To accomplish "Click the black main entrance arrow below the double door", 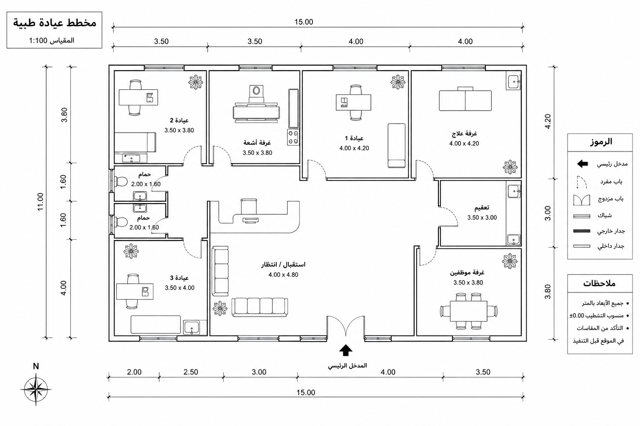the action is pyautogui.click(x=346, y=350).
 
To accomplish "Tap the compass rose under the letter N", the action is pyautogui.click(x=36, y=390).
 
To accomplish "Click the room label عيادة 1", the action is pyautogui.click(x=354, y=139).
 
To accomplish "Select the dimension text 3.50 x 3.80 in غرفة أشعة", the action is pyautogui.click(x=257, y=153).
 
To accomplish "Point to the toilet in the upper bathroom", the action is pyautogui.click(x=121, y=181).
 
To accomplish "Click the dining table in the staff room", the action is pyautogui.click(x=469, y=311).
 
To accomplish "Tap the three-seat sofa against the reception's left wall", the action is pyautogui.click(x=220, y=272).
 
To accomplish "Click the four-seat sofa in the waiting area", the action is pyautogui.click(x=260, y=307).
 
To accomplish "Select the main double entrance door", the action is pyautogui.click(x=346, y=326).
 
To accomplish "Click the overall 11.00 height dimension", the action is pyautogui.click(x=40, y=202).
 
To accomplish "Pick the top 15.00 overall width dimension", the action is pyautogui.click(x=304, y=22).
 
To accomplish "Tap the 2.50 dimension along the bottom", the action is pyautogui.click(x=190, y=372).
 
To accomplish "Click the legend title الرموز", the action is pyautogui.click(x=601, y=142).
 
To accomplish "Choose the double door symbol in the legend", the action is pyautogui.click(x=582, y=200).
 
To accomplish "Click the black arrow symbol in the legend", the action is pyautogui.click(x=582, y=164).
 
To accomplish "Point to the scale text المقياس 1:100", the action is pyautogui.click(x=51, y=40).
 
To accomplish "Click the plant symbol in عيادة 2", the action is pyautogui.click(x=196, y=82).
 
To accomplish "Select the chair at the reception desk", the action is pyautogui.click(x=249, y=206).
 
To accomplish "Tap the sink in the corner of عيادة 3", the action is pyautogui.click(x=192, y=327).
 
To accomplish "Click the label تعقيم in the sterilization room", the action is pyautogui.click(x=482, y=208).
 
